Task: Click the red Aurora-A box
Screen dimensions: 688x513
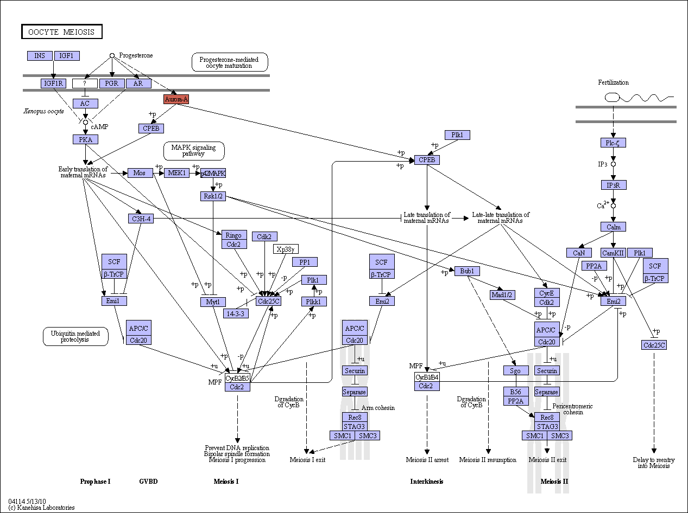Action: pyautogui.click(x=176, y=99)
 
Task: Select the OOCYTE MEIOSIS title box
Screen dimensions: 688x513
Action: pyautogui.click(x=62, y=31)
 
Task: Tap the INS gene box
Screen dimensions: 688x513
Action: pyautogui.click(x=40, y=56)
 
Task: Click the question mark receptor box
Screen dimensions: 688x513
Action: pyautogui.click(x=85, y=84)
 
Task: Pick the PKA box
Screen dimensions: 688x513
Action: pyautogui.click(x=85, y=139)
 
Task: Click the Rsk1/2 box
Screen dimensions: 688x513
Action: pyautogui.click(x=213, y=196)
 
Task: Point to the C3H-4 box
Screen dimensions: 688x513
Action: pyautogui.click(x=141, y=219)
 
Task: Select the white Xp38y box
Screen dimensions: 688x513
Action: pyautogui.click(x=286, y=249)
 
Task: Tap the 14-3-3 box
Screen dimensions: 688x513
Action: pyautogui.click(x=236, y=313)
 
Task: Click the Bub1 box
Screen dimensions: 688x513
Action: pyautogui.click(x=467, y=271)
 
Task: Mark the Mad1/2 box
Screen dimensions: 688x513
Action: pyautogui.click(x=502, y=295)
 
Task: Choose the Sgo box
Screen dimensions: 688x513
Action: pyautogui.click(x=516, y=370)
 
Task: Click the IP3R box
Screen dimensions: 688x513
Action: pyautogui.click(x=614, y=185)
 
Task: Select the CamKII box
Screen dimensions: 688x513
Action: pyautogui.click(x=613, y=253)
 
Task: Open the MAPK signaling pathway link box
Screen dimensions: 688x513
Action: pyautogui.click(x=194, y=151)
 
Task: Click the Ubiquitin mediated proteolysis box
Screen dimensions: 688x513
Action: pyautogui.click(x=75, y=336)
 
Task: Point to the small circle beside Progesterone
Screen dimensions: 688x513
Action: pyautogui.click(x=112, y=56)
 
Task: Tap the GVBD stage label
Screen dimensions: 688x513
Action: pyautogui.click(x=148, y=482)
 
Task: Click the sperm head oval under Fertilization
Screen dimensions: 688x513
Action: pyautogui.click(x=612, y=98)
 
